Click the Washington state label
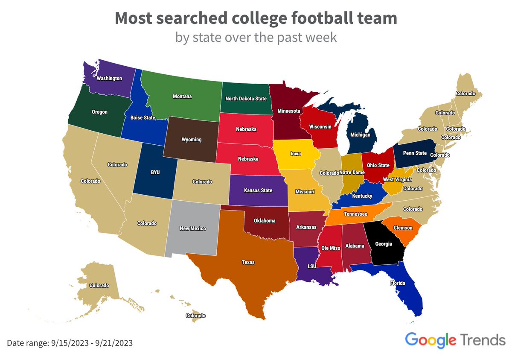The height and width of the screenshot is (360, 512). pos(109,79)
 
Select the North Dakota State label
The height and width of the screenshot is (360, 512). pos(245,99)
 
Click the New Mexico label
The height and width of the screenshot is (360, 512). pos(193,228)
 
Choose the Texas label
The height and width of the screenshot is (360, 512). pos(248,262)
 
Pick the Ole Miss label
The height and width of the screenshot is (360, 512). pos(330,248)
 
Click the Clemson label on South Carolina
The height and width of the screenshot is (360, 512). pos(403,228)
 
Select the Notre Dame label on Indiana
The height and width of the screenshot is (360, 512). pos(352,173)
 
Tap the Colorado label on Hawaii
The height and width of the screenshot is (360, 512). pos(195,316)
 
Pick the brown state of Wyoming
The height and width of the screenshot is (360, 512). pos(191,140)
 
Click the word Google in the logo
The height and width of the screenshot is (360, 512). pos(431,340)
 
